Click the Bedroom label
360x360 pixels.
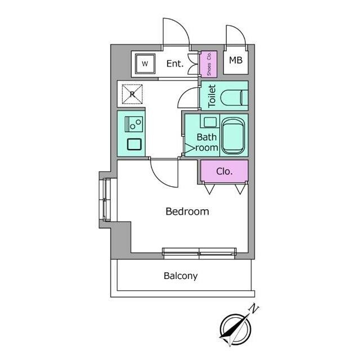pos(187,211)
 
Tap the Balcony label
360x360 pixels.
pos(181,276)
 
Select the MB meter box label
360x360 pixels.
pos(236,60)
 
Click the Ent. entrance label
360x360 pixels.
pos(175,64)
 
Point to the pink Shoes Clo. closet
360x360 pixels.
pos(209,64)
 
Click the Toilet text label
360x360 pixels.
pos(211,96)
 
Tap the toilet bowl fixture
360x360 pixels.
pos(234,97)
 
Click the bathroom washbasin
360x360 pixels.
pos(210,121)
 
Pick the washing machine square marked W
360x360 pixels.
pos(145,64)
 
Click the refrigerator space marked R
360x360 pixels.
pos(132,94)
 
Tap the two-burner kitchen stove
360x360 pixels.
pos(134,124)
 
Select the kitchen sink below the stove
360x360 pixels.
pos(134,145)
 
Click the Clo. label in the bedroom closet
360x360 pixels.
pos(224,171)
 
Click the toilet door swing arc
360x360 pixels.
pos(184,94)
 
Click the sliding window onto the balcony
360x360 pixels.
pos(199,253)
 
